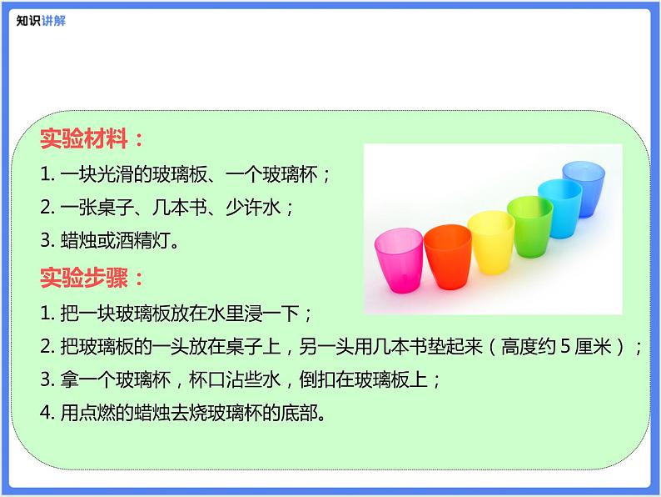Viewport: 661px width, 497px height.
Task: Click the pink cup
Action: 399,260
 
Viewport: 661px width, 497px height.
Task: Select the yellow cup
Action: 491,243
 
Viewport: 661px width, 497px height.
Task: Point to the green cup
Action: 530,226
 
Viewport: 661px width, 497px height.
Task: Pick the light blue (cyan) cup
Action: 559,208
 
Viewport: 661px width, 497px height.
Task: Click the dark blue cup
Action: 584,189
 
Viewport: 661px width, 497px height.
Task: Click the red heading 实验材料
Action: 84,138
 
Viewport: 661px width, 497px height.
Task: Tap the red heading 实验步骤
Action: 84,278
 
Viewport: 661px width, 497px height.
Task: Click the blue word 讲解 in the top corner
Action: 53,21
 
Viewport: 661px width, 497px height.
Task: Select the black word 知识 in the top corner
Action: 28,21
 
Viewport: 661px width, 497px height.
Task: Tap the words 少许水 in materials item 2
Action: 253,208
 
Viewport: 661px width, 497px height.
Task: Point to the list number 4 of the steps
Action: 46,413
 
